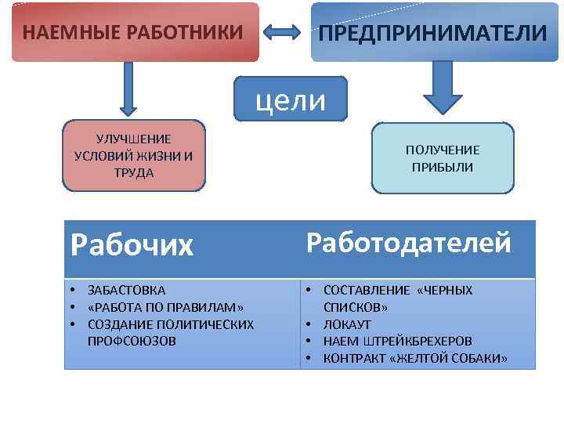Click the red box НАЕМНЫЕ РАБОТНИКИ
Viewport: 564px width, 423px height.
click(x=134, y=32)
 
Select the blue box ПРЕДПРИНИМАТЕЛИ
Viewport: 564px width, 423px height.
click(x=432, y=32)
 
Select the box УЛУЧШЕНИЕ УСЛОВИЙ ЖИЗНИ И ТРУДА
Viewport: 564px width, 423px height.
click(x=133, y=155)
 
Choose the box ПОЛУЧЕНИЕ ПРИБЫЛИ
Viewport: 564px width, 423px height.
click(x=443, y=157)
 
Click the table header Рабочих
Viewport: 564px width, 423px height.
click(x=131, y=246)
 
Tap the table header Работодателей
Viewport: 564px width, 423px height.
click(x=408, y=243)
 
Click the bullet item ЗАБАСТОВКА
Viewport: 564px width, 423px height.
click(x=126, y=290)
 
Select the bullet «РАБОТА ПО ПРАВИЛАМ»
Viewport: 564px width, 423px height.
click(x=165, y=307)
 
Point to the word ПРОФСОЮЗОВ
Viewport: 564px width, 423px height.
click(x=132, y=341)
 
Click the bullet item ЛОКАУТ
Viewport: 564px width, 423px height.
click(x=347, y=324)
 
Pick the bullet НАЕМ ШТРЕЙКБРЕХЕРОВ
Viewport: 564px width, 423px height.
click(x=397, y=341)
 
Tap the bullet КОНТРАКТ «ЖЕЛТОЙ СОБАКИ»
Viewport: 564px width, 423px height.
click(x=415, y=358)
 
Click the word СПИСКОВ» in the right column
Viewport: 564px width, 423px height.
click(x=356, y=307)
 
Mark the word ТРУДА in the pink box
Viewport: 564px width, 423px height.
click(x=133, y=172)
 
